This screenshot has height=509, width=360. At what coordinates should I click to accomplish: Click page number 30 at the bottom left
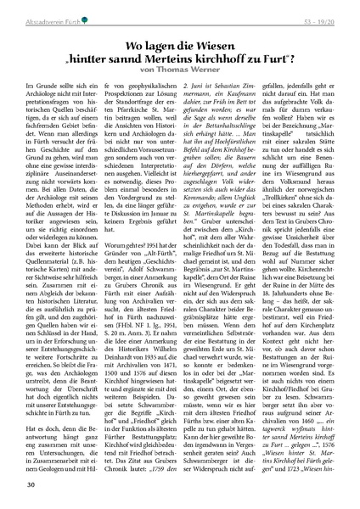point(31,484)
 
